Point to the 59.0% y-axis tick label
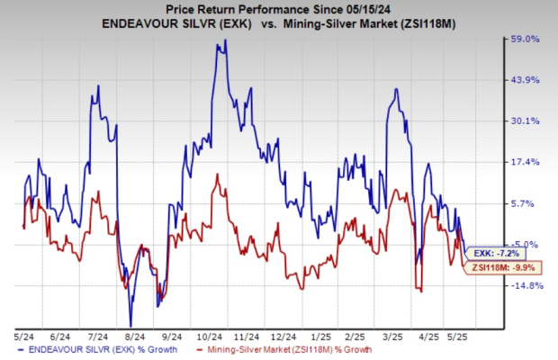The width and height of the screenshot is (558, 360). [525, 39]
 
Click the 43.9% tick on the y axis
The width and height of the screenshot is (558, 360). [525, 80]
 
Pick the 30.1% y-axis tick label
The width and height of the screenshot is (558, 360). [525, 121]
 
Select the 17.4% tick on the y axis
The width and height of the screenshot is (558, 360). [525, 162]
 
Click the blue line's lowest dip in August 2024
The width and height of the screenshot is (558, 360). [130, 325]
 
